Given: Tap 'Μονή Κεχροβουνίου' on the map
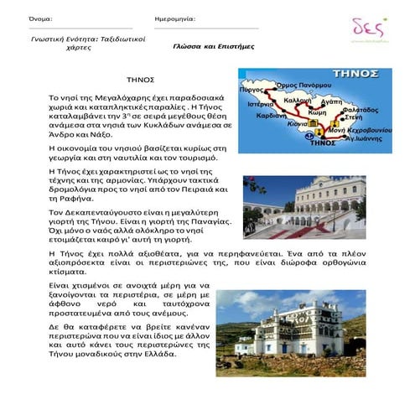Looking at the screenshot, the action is [x=360, y=132].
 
